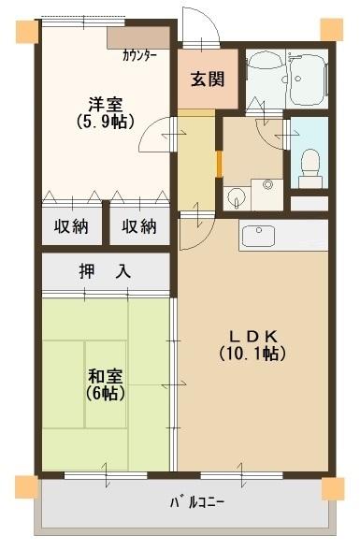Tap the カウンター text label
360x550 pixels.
point(139,55)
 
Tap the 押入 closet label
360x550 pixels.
point(105,272)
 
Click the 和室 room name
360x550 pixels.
point(105,376)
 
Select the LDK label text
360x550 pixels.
point(252,336)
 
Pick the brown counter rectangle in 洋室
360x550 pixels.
point(137,37)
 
